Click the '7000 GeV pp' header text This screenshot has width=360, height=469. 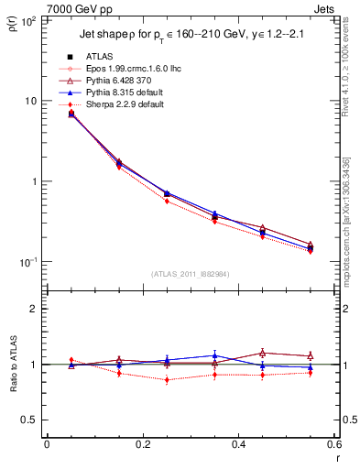pyautogui.click(x=38, y=8)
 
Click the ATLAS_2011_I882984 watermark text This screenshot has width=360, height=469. pyautogui.click(x=190, y=275)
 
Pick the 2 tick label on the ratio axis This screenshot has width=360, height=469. pyautogui.click(x=34, y=309)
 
